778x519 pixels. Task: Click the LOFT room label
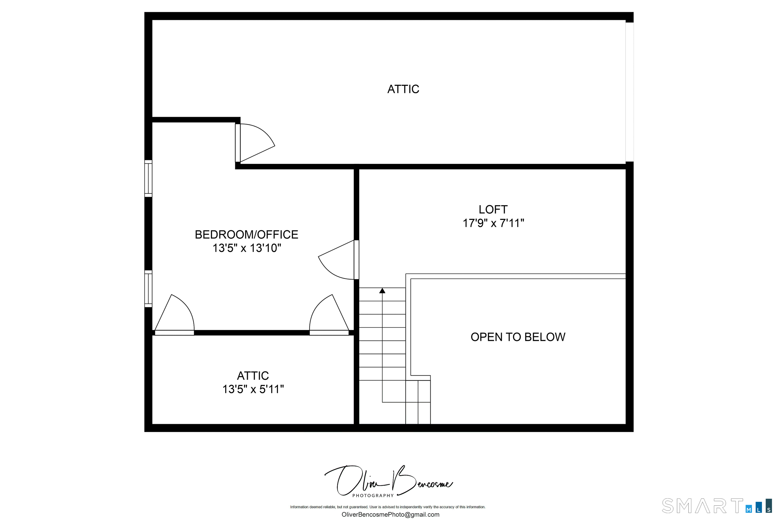coord(493,210)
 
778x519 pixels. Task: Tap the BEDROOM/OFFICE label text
coord(246,235)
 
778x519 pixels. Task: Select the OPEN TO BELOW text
coord(518,337)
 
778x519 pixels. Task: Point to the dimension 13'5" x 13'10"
coord(247,248)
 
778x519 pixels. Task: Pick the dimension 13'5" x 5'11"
coord(253,389)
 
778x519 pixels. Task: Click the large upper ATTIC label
coord(403,89)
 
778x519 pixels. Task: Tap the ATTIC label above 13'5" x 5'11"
coord(253,376)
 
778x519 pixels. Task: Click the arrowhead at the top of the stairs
coord(382,291)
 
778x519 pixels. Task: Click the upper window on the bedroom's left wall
coord(148,179)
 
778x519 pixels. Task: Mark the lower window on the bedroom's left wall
coord(148,289)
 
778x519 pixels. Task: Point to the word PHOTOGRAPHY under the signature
coord(373,495)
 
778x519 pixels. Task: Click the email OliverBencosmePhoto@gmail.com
coord(390,515)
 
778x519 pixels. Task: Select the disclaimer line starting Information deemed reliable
coord(388,507)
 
